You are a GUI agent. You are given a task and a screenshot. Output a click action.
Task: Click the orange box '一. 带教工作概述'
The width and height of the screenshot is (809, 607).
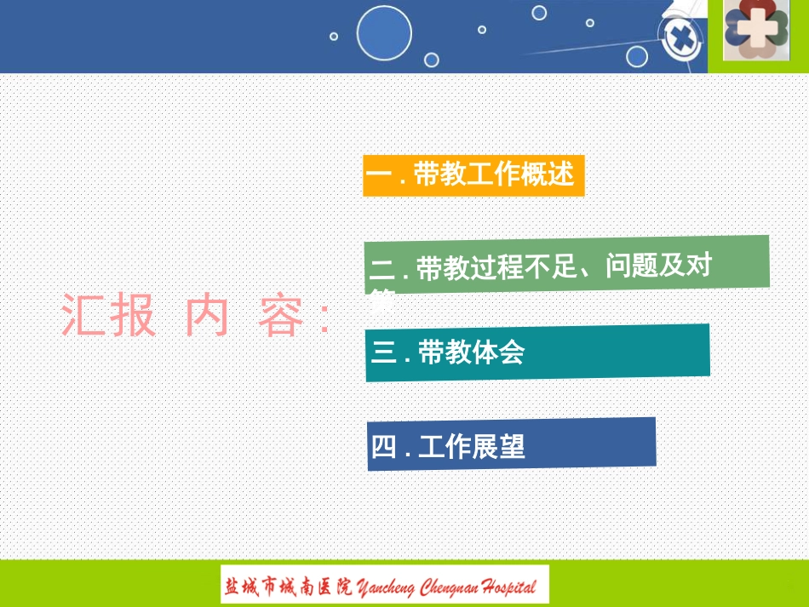click(473, 176)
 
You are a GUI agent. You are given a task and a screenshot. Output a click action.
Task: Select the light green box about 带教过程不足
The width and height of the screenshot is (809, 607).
click(566, 266)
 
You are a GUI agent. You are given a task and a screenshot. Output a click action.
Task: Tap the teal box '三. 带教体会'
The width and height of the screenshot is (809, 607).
click(537, 352)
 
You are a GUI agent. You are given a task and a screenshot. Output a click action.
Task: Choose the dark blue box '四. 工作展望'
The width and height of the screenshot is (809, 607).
click(511, 444)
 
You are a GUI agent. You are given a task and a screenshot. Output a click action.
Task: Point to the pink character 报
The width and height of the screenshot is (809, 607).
click(133, 316)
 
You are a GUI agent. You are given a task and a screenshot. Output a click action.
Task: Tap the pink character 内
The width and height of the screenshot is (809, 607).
click(207, 316)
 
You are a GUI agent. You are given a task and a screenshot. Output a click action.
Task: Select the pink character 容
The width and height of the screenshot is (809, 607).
click(280, 316)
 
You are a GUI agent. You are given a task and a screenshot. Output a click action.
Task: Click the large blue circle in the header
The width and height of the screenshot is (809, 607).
click(384, 34)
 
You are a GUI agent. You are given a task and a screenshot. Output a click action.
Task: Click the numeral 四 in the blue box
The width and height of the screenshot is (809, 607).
click(384, 446)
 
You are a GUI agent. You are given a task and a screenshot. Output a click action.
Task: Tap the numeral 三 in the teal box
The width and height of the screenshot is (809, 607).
click(385, 352)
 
